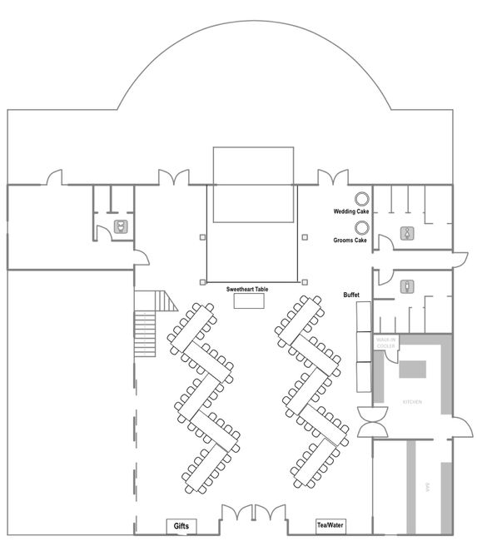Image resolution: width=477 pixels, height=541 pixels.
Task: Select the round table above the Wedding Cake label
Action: (362, 198)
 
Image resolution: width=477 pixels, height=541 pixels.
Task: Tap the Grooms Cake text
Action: (350, 241)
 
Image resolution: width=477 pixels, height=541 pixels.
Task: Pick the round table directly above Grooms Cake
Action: (362, 227)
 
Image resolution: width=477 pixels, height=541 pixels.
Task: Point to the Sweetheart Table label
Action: (247, 289)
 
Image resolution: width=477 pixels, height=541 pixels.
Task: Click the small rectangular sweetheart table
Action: (247, 302)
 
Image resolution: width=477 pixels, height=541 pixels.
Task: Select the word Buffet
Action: (351, 295)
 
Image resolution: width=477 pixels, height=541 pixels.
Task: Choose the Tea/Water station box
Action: (330, 526)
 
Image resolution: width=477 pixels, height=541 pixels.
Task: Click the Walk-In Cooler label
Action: (385, 343)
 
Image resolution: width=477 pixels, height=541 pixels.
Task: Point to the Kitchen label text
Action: (412, 402)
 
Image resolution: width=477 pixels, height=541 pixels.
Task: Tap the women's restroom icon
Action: (407, 233)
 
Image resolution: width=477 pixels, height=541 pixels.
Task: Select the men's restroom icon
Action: (407, 286)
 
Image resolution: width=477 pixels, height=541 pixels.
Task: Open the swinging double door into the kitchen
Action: (370, 421)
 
